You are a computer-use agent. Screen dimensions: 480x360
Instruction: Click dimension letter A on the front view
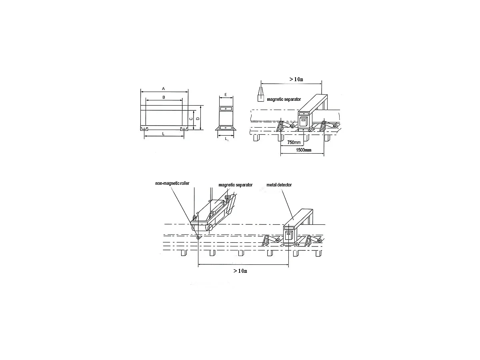(163, 89)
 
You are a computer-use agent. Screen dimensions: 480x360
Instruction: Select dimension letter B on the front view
(164, 97)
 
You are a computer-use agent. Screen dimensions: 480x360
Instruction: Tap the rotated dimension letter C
(191, 119)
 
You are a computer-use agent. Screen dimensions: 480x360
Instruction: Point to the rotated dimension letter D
(198, 119)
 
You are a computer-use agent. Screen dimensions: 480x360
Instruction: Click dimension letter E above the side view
(226, 95)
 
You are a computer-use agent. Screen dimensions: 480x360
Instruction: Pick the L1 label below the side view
(226, 139)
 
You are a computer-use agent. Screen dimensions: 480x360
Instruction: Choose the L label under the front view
(163, 134)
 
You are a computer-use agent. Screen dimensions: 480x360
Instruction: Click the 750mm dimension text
(294, 142)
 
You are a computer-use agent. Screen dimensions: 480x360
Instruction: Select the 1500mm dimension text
(304, 150)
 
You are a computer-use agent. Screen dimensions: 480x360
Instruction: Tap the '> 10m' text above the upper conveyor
(296, 79)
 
